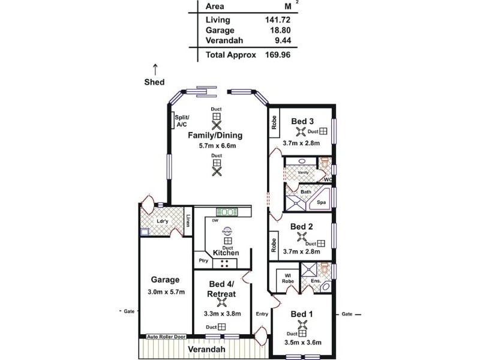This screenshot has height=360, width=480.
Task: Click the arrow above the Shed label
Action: pyautogui.click(x=155, y=68)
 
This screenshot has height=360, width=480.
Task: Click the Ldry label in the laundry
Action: pyautogui.click(x=162, y=221)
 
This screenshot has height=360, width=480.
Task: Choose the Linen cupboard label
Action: pyautogui.click(x=188, y=221)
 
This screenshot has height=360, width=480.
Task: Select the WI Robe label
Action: pyautogui.click(x=283, y=280)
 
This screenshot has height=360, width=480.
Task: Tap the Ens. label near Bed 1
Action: pyautogui.click(x=315, y=281)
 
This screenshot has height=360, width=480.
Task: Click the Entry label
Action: pyautogui.click(x=262, y=314)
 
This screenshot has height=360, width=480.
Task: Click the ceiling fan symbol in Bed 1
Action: pyautogui.click(x=304, y=327)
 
